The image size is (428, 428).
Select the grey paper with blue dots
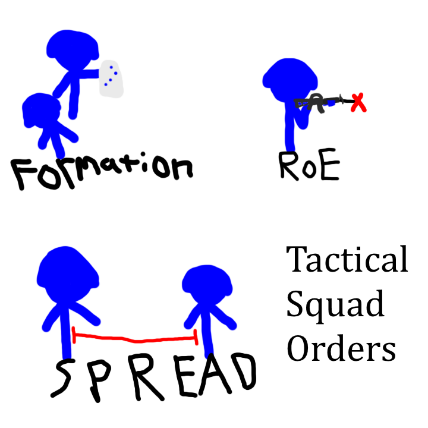[111, 79]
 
